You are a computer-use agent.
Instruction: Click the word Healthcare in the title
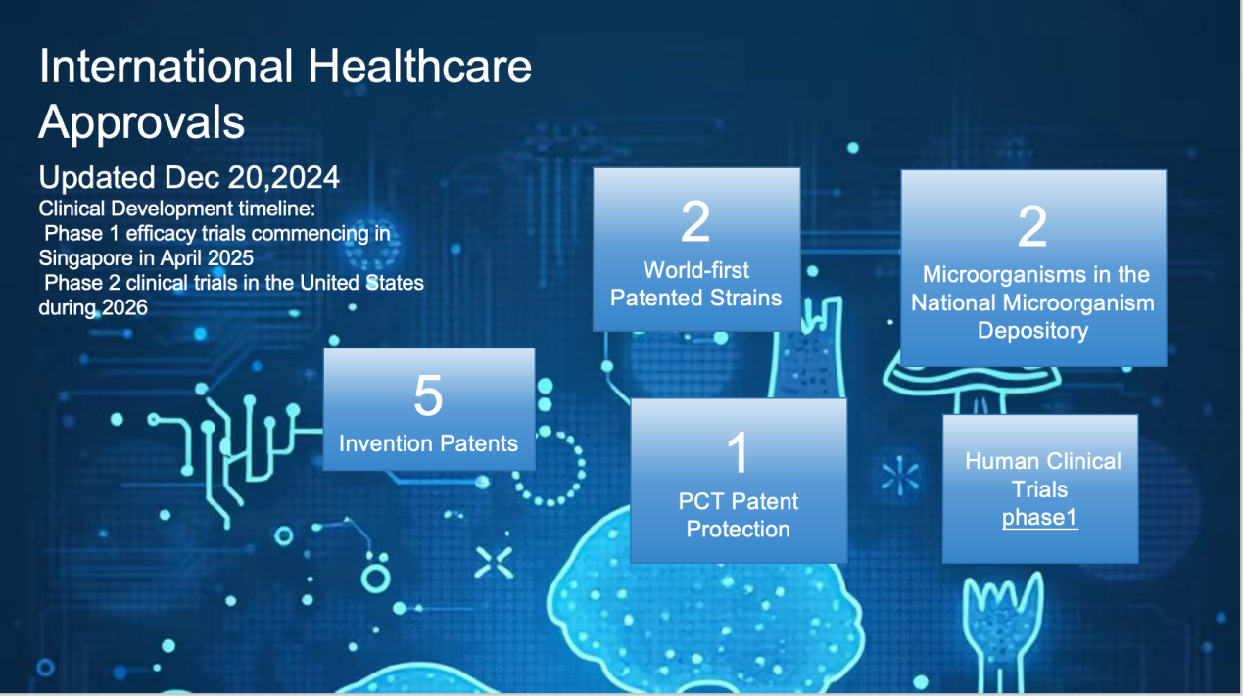click(x=419, y=67)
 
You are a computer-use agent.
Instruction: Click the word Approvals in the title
click(x=141, y=123)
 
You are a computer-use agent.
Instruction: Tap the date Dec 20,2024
click(x=252, y=178)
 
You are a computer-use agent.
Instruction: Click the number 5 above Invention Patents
click(x=428, y=395)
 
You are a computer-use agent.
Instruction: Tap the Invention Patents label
click(x=428, y=443)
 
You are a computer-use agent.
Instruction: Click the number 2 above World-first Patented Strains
click(x=695, y=221)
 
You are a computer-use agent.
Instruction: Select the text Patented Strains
click(x=695, y=299)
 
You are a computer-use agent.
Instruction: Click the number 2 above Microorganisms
click(x=1032, y=226)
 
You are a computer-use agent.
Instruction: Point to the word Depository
click(x=1032, y=331)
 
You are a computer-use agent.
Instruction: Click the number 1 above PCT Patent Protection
click(x=739, y=452)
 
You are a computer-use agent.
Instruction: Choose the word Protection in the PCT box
click(x=738, y=530)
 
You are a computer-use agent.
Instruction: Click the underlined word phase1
click(x=1040, y=518)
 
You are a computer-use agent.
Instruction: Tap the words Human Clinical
click(x=1043, y=461)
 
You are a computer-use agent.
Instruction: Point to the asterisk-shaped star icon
click(x=900, y=476)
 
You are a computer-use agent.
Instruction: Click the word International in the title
click(x=166, y=67)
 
